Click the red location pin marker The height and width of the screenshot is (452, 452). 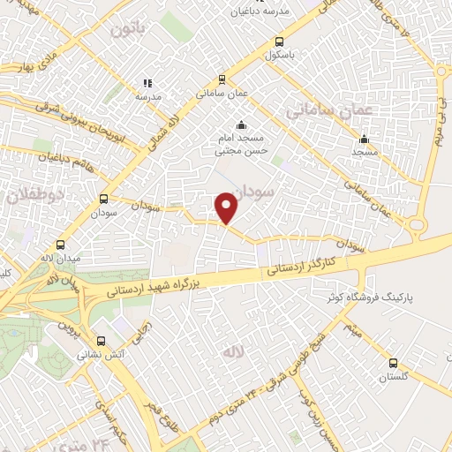227,207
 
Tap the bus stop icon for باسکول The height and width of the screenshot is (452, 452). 280,41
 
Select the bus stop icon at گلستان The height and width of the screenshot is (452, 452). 394,362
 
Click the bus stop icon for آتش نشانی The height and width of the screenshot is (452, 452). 100,340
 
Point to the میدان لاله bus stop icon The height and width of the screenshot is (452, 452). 61,245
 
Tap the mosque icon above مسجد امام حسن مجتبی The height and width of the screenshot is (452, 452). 240,124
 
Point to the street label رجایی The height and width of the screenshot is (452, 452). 140,333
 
